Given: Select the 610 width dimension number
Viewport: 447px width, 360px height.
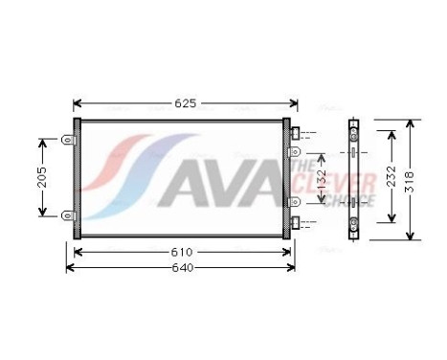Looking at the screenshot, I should [182, 252].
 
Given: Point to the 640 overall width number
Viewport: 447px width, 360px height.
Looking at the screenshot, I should [182, 267].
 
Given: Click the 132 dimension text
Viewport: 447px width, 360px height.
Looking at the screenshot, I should [324, 178].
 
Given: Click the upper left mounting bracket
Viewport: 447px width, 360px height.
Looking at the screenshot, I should [68, 140].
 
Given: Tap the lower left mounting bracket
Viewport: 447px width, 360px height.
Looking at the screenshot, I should [68, 215].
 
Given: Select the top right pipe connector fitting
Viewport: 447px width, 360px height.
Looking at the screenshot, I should [300, 132].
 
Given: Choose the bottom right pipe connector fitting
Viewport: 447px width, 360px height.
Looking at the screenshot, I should [300, 223].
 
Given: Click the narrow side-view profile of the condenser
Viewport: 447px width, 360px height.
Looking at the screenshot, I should [353, 178].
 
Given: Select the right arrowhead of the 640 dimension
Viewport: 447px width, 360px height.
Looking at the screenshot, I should [300, 267].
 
